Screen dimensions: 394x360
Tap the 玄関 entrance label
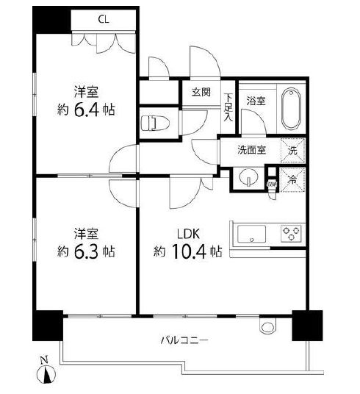[x=201, y=92]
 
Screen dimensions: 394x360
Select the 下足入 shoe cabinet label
[x=228, y=107]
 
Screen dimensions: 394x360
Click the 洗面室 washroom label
[x=251, y=150]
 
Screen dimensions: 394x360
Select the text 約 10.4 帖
[x=187, y=251]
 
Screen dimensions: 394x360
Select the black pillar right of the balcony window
[x=307, y=325]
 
